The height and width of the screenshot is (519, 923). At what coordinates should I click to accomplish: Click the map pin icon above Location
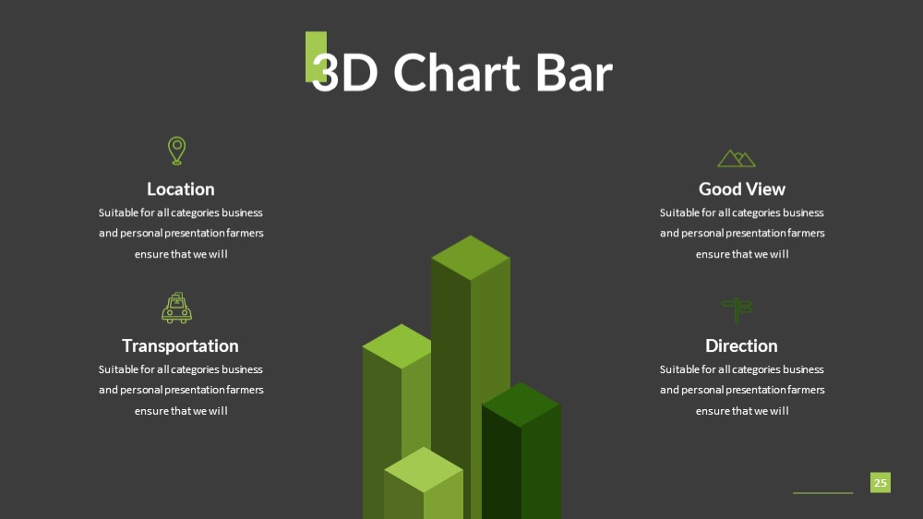[x=176, y=151]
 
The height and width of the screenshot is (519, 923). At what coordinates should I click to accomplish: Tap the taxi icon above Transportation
[x=176, y=308]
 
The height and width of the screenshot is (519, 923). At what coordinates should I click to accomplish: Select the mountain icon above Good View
[x=737, y=159]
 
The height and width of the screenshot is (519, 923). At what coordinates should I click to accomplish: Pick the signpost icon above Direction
[x=737, y=310]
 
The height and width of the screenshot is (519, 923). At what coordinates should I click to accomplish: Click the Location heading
[x=181, y=189]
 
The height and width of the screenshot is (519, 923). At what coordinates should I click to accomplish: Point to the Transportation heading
[x=180, y=345]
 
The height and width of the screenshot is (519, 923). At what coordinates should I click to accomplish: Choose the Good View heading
[x=742, y=189]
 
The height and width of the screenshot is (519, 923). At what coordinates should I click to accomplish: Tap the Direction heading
[x=741, y=345]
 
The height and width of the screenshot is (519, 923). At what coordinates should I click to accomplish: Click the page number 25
[x=880, y=482]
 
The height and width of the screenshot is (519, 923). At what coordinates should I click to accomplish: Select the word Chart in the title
[x=457, y=72]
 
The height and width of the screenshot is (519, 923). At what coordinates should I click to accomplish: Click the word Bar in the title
[x=574, y=72]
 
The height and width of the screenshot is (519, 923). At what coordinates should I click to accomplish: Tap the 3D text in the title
[x=344, y=72]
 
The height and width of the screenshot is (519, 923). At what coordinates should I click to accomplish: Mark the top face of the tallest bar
[x=471, y=258]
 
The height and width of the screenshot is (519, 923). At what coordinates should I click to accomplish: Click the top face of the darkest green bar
[x=521, y=404]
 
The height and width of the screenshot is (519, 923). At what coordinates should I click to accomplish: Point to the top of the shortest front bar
[x=424, y=469]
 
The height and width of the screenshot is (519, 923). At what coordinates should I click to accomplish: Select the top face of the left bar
[x=398, y=345]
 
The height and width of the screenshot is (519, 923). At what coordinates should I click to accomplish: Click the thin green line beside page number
[x=823, y=492]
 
